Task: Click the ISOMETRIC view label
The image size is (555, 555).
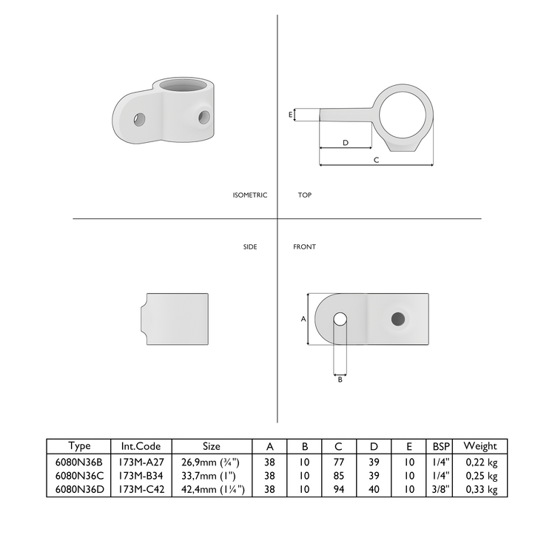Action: (249, 195)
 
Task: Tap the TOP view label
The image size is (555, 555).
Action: (305, 195)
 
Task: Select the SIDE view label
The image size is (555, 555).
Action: (250, 247)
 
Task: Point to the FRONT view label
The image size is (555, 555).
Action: (304, 247)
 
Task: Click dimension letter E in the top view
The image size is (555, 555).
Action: (290, 115)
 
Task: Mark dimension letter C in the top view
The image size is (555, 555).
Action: (376, 160)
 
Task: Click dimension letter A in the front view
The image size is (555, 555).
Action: (303, 319)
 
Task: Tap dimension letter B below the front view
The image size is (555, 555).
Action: (340, 379)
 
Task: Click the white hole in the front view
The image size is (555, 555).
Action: (340, 319)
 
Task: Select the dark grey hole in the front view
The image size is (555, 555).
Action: (398, 319)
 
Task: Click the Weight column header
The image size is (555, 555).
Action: (480, 446)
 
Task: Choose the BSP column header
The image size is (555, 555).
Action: (441, 446)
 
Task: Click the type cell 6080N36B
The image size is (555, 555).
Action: (79, 460)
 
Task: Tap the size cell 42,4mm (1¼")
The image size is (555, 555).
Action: (212, 489)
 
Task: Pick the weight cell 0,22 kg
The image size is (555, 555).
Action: (481, 460)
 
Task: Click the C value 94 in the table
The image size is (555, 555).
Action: (338, 489)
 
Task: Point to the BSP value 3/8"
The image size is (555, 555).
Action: (441, 489)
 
